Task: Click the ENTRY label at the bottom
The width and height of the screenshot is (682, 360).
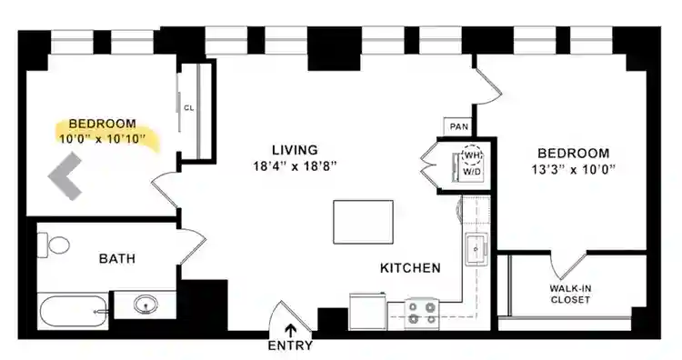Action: [291, 345]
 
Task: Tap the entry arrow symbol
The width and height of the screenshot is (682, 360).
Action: [291, 331]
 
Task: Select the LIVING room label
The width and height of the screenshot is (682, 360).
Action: [295, 150]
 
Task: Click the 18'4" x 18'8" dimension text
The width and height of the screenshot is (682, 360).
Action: [295, 166]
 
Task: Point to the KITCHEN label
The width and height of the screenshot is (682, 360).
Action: [411, 268]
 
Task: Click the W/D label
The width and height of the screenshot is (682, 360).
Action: [472, 171]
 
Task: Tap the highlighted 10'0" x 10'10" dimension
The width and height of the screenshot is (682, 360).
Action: [102, 139]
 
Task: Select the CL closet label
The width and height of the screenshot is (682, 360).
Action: [189, 107]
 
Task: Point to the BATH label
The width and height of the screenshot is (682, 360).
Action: [116, 259]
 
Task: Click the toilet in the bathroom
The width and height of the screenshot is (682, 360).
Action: [55, 245]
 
